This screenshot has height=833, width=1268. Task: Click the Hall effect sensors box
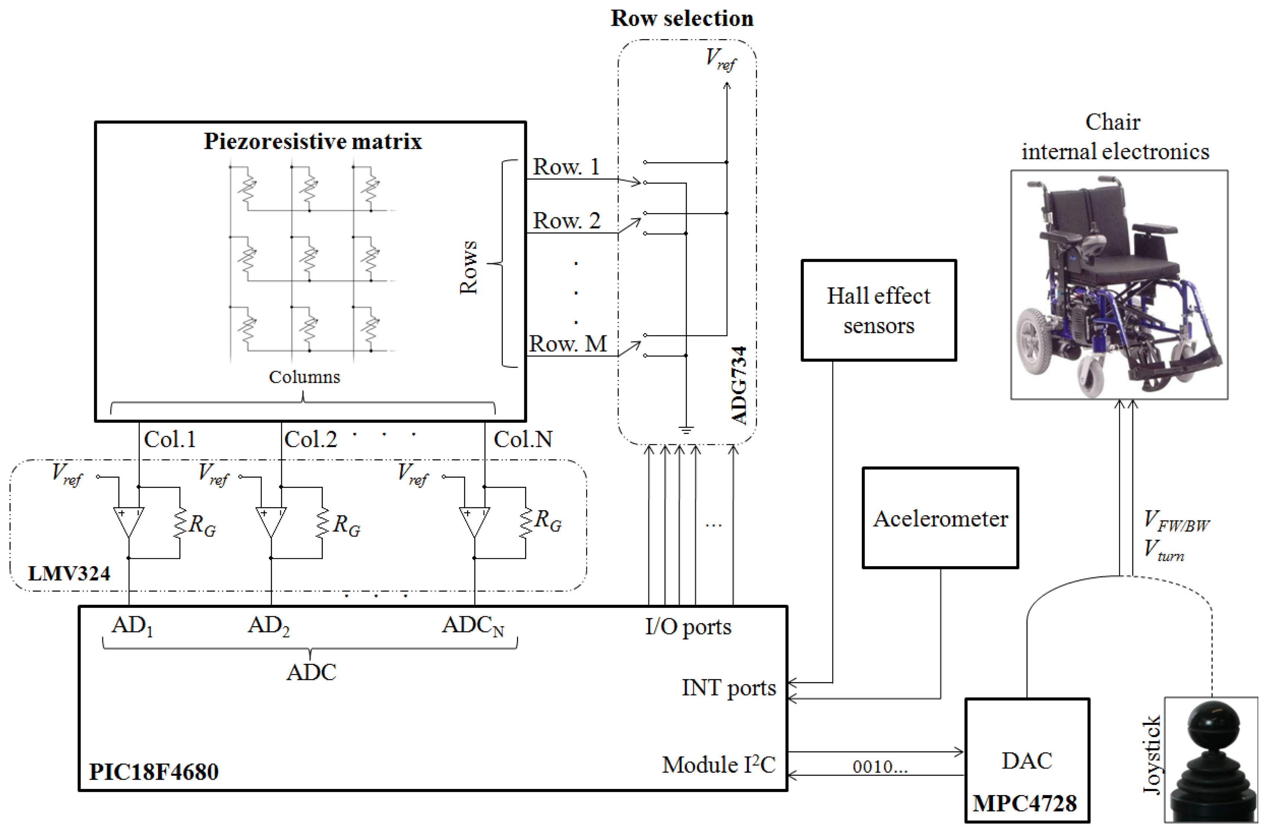tap(878, 310)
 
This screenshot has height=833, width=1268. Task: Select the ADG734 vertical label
tap(739, 386)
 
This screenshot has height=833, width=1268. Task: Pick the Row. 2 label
tap(566, 221)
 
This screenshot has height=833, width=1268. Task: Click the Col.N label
tap(523, 439)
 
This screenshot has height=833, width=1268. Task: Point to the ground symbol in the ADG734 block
tap(686, 429)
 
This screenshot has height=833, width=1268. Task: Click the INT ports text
tap(728, 688)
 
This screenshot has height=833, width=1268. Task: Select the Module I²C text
tap(718, 765)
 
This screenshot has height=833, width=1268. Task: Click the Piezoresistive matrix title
tap(313, 142)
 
